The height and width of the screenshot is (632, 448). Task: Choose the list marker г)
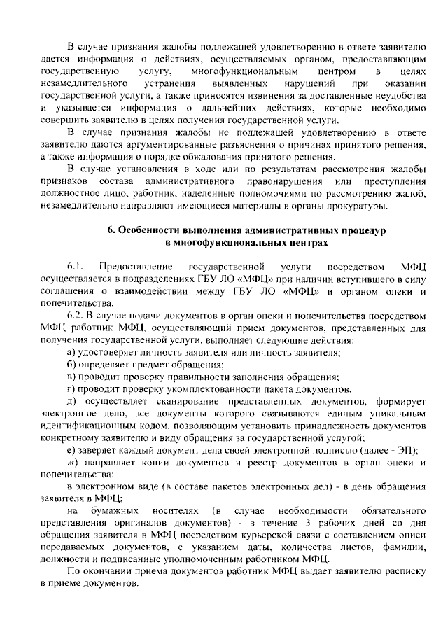[x=71, y=389]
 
